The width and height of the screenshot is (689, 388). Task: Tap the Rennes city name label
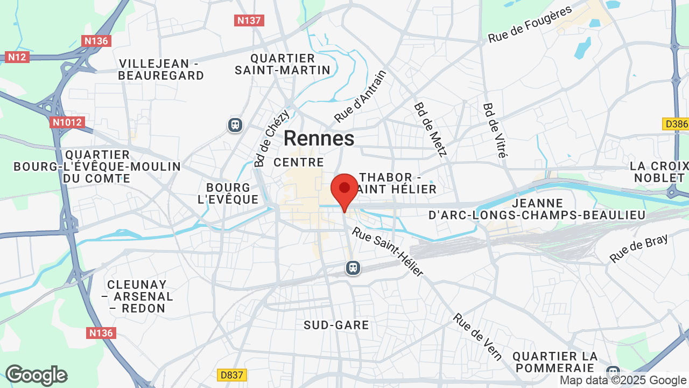pos(319,138)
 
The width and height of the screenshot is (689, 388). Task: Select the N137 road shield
pos(249,20)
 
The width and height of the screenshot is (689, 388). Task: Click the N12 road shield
pos(17,57)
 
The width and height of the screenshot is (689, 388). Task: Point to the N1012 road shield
pos(67,122)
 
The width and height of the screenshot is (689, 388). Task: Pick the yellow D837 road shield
pos(232,375)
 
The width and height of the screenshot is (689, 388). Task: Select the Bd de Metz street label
pos(431,129)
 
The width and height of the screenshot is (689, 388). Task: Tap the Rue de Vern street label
pos(477,336)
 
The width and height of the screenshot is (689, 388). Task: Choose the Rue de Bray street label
pos(638,248)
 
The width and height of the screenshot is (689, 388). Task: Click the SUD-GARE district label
pos(336,325)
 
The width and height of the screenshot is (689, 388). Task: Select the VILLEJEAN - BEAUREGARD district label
pos(161,70)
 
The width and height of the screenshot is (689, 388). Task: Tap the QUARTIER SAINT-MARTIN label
pos(283,64)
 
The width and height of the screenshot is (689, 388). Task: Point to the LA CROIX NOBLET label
pos(659,171)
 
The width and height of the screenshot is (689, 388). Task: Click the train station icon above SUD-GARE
pos(353,267)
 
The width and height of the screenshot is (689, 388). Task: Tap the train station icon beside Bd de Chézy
pos(235,125)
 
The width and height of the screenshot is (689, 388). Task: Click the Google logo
pos(37,375)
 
